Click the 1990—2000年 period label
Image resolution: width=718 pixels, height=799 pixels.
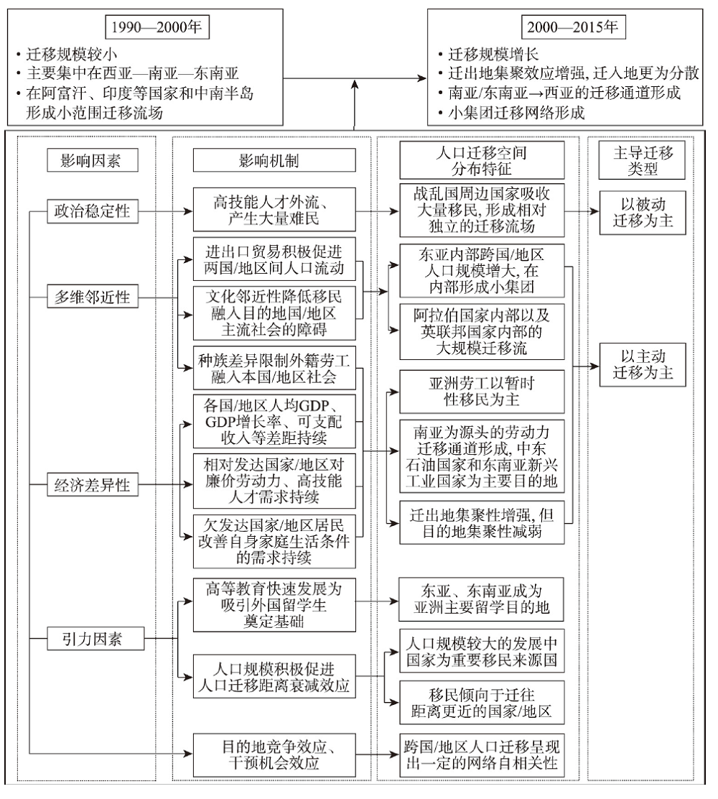(157, 27)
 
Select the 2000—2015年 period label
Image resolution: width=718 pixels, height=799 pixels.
(573, 27)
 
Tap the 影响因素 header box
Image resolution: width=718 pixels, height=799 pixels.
(91, 161)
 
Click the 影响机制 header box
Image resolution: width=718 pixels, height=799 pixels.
(274, 161)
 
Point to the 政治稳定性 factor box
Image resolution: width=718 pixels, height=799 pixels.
(92, 211)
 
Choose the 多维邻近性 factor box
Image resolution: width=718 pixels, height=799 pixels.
(92, 297)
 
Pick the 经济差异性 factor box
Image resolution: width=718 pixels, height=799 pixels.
(92, 484)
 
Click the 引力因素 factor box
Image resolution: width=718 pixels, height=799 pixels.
(95, 639)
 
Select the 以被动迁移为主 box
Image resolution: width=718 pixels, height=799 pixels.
(642, 213)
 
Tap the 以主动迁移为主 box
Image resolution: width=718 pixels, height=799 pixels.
(642, 365)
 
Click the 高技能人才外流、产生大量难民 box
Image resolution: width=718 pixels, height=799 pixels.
(274, 210)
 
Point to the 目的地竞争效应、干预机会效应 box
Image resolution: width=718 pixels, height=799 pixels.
(274, 755)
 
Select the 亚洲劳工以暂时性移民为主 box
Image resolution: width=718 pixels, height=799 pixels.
(482, 392)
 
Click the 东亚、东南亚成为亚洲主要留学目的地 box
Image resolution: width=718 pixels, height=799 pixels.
(481, 599)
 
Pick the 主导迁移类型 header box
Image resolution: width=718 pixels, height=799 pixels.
(642, 160)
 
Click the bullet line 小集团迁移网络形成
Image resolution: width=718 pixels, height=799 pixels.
(511, 113)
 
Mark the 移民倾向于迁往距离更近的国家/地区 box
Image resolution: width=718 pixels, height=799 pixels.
(482, 703)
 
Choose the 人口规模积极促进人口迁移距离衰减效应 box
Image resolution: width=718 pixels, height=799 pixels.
(274, 677)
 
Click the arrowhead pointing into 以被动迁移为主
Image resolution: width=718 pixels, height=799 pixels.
(595, 211)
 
